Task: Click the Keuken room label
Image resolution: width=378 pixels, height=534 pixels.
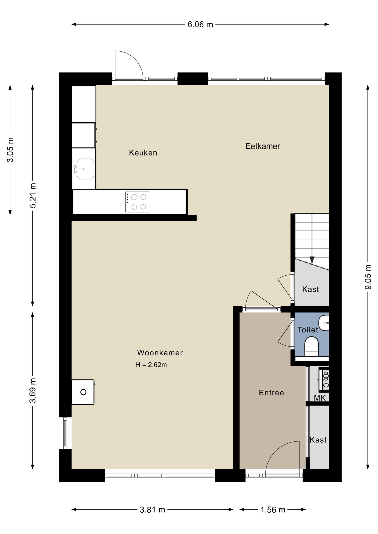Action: tap(143, 153)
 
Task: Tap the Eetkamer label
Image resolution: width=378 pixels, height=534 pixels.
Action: tap(262, 146)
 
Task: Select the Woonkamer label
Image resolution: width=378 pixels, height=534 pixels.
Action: tap(160, 353)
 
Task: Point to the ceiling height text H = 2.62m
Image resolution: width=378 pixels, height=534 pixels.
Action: tap(151, 365)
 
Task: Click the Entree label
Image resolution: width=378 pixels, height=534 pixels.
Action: tap(271, 393)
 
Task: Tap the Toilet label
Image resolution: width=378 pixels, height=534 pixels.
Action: tap(308, 330)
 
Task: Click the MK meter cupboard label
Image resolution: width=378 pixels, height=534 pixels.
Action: tap(320, 398)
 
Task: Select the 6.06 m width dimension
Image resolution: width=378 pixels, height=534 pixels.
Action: tap(200, 24)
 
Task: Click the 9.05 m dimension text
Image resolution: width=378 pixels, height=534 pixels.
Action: tap(368, 277)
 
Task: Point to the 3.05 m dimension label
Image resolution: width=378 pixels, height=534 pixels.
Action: tap(10, 150)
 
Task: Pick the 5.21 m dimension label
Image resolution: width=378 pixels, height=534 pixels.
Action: tap(33, 196)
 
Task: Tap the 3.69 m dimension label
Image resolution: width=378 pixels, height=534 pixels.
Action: tap(33, 391)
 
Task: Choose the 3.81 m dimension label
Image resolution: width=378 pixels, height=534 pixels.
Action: tap(153, 510)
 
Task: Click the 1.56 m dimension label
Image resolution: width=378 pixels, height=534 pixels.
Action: tap(273, 510)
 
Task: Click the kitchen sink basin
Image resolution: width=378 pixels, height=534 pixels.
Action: tap(85, 169)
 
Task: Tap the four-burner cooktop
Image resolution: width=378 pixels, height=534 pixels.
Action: tap(137, 202)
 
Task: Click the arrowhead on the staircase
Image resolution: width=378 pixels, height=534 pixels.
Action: tap(312, 260)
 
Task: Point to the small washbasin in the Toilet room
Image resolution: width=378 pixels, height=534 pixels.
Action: tap(324, 323)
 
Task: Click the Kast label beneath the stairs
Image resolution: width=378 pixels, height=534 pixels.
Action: tap(311, 290)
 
